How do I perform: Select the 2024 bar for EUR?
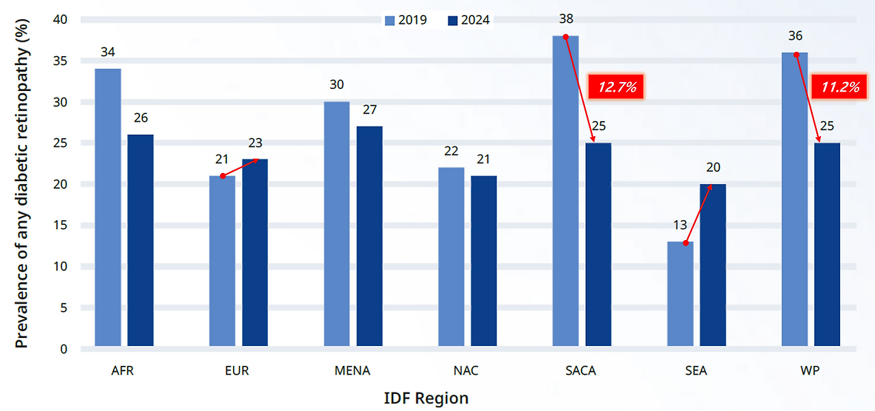pos(255,252)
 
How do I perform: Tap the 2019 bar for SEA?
pos(680,294)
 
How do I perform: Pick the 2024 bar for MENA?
pos(370,236)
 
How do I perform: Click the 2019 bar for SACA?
pos(565,191)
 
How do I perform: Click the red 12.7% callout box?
pos(617,87)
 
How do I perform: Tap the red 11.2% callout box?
pos(838,87)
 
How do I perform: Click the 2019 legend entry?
pos(406,20)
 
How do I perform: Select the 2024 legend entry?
pos(469,20)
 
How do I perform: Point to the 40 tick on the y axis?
pos(61,20)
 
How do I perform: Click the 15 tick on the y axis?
pos(61,226)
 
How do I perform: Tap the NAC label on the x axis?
pos(466,371)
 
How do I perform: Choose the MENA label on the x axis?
pos(353,371)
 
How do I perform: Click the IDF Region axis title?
pos(426,398)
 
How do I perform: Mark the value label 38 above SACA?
pos(565,19)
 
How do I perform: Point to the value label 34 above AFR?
pos(108,52)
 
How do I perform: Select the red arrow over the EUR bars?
pos(240,168)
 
